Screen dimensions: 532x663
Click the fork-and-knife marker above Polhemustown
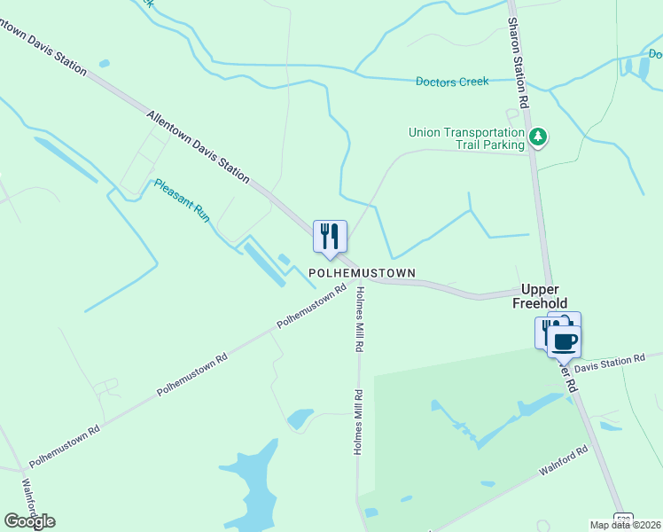[330, 237]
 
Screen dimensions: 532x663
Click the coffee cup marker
[564, 340]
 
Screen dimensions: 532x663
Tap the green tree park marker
[537, 137]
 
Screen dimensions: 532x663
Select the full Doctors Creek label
[452, 82]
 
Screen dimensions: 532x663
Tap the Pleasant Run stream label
[181, 199]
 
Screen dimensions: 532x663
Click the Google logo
[29, 521]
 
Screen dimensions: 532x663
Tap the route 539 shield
[624, 519]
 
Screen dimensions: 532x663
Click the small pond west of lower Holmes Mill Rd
[300, 418]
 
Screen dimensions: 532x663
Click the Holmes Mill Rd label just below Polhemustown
[360, 319]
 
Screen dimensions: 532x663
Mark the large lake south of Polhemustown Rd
[253, 488]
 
